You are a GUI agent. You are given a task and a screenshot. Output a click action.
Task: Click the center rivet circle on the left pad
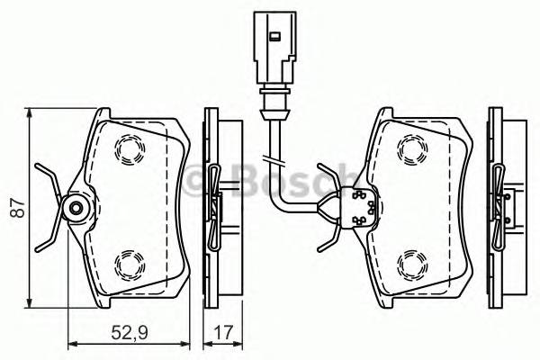tap(76, 209)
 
